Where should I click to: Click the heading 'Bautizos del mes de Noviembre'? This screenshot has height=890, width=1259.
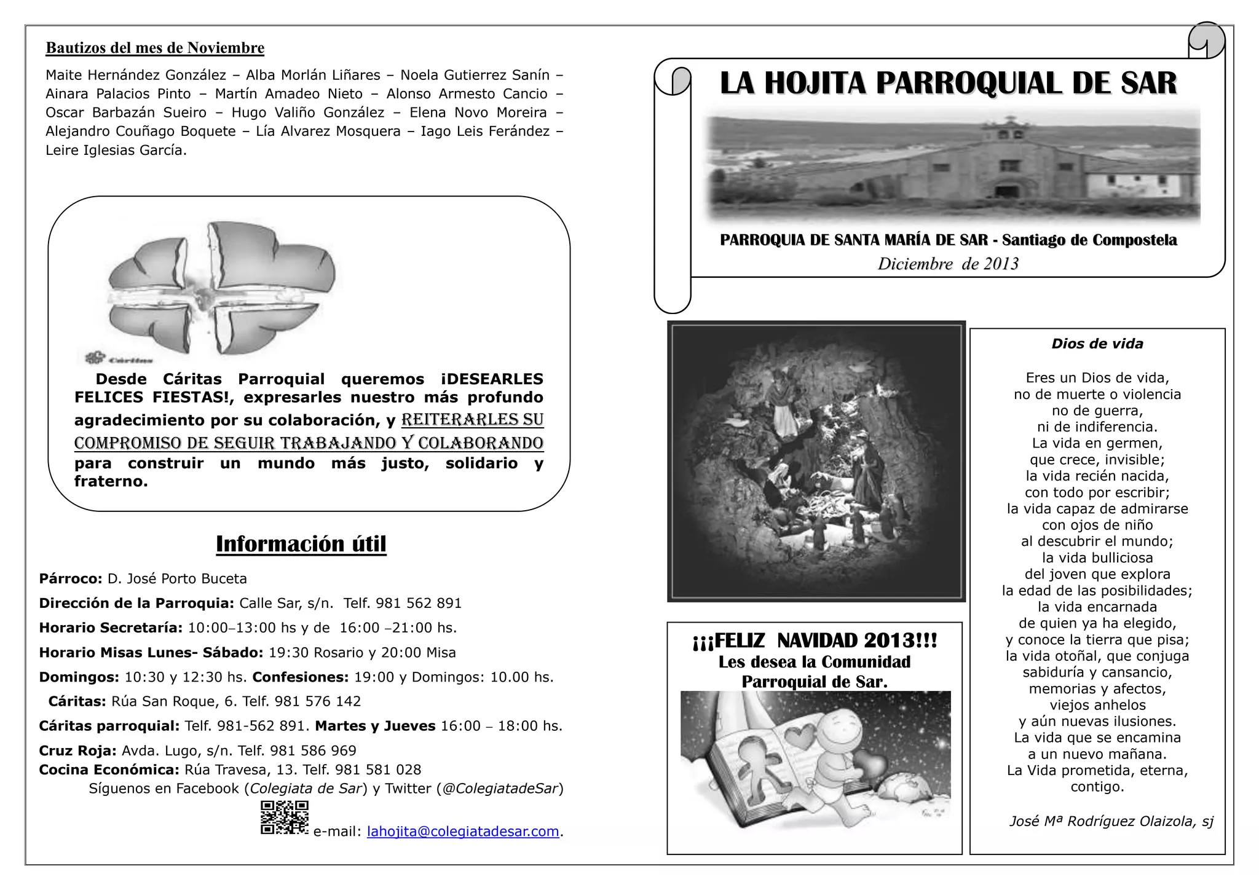(155, 48)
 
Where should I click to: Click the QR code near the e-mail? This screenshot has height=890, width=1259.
(284, 817)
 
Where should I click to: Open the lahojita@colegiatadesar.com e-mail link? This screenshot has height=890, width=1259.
(462, 832)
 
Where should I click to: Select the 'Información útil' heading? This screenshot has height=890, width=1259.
(301, 544)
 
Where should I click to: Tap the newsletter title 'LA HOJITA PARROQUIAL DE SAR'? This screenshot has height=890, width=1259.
(948, 84)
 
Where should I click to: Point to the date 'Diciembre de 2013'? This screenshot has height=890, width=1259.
(948, 264)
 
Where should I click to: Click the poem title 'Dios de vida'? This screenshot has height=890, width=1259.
(1097, 344)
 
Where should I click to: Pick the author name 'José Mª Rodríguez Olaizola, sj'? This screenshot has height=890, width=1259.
(1111, 821)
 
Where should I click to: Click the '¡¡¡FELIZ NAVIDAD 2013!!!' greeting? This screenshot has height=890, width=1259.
(815, 640)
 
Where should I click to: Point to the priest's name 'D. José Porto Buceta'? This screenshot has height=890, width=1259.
(177, 579)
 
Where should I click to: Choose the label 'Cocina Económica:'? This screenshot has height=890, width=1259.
(109, 770)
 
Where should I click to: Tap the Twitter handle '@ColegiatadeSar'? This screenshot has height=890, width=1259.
(500, 789)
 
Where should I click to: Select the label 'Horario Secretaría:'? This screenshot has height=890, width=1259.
(111, 628)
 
